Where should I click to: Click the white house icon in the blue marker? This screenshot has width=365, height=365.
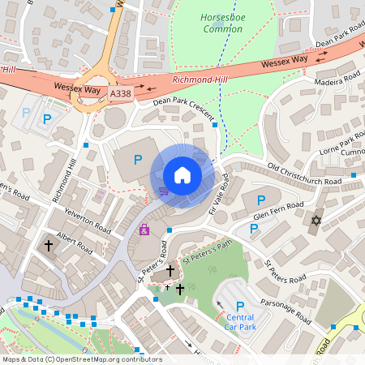click(x=182, y=175)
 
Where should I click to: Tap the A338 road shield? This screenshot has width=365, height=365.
click(x=120, y=95)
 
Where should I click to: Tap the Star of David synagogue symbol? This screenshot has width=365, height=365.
click(x=316, y=221)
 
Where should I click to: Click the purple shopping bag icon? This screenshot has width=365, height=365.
click(x=144, y=230)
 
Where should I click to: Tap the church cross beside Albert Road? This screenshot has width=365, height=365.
click(x=49, y=244)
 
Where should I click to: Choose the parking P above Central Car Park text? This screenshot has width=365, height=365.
click(x=240, y=306)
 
